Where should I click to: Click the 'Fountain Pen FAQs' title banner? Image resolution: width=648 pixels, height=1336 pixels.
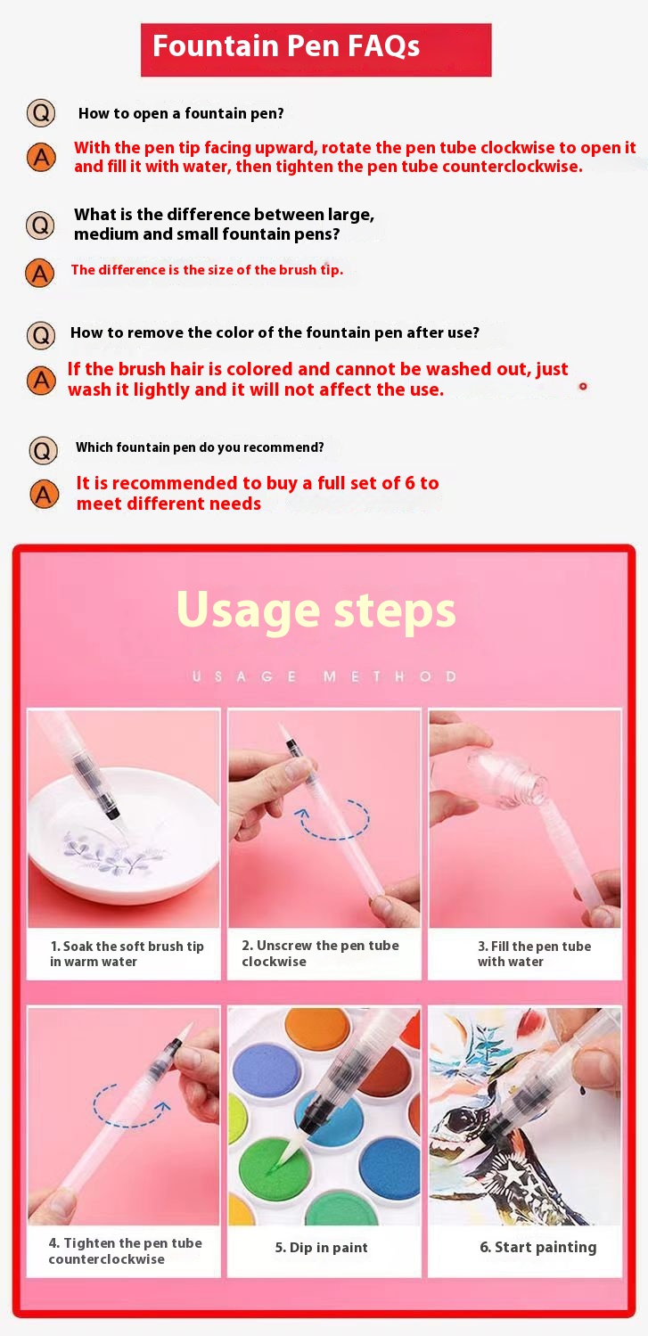tap(316, 50)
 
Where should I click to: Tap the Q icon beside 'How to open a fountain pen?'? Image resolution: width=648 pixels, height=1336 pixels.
tap(41, 112)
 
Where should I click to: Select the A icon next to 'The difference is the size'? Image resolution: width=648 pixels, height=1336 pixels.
tap(40, 273)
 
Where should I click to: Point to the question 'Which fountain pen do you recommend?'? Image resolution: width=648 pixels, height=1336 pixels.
tap(200, 447)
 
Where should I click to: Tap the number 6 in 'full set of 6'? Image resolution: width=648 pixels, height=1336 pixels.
tap(409, 482)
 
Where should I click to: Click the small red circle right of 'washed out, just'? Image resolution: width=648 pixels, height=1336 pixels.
tap(583, 387)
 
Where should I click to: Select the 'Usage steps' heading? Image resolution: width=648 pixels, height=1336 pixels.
tap(316, 610)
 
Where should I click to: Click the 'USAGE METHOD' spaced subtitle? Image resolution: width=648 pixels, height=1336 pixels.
tap(324, 676)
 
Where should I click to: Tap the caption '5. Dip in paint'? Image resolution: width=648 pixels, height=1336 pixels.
tap(321, 1247)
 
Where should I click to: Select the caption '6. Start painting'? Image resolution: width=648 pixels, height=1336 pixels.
tap(538, 1247)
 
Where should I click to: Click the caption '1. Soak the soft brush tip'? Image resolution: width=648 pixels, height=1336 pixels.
tap(127, 946)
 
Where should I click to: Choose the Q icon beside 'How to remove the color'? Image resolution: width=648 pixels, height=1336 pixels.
tap(41, 334)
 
